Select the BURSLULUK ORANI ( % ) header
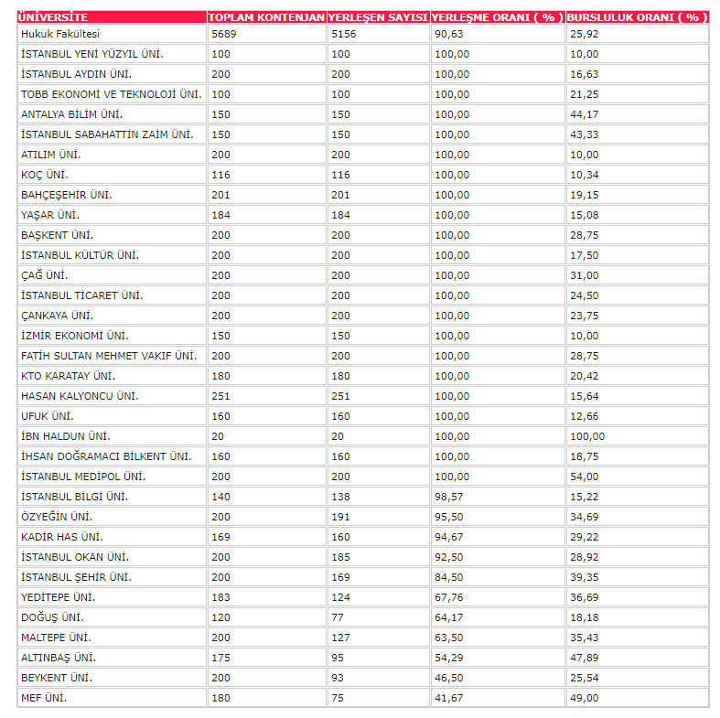click(x=635, y=17)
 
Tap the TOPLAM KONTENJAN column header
click(x=266, y=17)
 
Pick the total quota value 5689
click(x=224, y=34)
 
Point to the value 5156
click(x=345, y=34)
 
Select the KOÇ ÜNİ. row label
click(x=44, y=175)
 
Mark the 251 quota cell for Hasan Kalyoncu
click(x=220, y=396)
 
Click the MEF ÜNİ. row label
click(x=44, y=698)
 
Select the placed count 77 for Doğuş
click(x=338, y=617)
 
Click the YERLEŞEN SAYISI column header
click(x=379, y=17)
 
